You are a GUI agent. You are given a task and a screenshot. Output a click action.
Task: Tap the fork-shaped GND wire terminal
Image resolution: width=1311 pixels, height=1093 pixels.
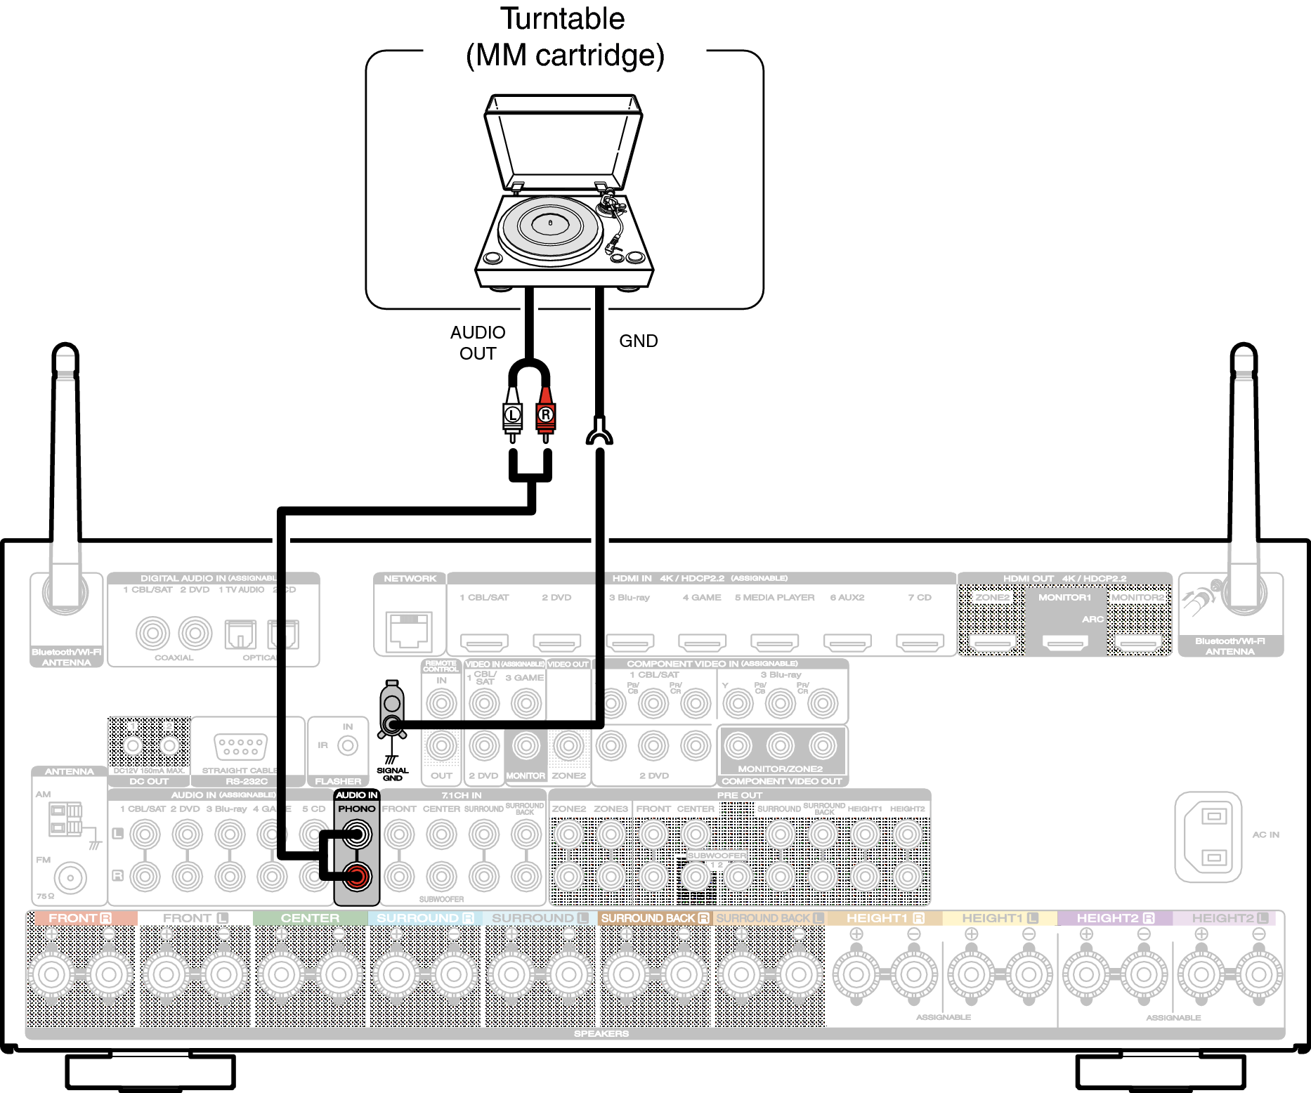(599, 433)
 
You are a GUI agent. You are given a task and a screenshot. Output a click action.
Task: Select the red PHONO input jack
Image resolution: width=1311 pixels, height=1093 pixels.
(357, 876)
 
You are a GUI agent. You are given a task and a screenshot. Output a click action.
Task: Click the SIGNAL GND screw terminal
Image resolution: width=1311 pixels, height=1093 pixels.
(392, 724)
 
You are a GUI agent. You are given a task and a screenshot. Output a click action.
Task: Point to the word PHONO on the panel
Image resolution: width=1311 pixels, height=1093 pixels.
(357, 809)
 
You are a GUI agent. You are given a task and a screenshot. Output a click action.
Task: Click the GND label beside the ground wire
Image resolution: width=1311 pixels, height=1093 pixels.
(638, 341)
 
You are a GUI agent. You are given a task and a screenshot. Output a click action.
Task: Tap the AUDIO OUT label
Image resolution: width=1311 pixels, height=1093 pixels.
(478, 342)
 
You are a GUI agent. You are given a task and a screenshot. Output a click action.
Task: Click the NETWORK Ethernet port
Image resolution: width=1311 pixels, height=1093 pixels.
(409, 629)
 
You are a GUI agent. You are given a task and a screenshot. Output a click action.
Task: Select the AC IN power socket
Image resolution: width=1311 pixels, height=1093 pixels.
(1209, 837)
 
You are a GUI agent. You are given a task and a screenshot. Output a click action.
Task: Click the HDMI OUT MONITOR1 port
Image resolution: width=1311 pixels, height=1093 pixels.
(1065, 641)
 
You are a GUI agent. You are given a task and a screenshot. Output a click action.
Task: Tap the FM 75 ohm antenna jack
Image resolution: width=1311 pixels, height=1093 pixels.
(70, 877)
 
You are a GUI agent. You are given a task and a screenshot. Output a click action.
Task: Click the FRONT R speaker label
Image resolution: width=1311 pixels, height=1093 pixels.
(80, 918)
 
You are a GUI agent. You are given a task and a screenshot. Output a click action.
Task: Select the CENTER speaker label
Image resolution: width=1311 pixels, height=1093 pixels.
(310, 918)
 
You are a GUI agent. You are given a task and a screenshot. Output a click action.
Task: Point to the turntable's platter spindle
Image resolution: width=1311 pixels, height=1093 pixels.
(550, 223)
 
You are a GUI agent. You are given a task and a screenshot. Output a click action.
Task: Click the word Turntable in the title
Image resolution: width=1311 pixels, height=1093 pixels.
(562, 19)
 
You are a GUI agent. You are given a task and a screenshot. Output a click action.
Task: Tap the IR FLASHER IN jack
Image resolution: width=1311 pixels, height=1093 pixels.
(348, 745)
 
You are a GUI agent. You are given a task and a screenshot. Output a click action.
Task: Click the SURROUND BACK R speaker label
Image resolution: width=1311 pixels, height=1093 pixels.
(655, 918)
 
